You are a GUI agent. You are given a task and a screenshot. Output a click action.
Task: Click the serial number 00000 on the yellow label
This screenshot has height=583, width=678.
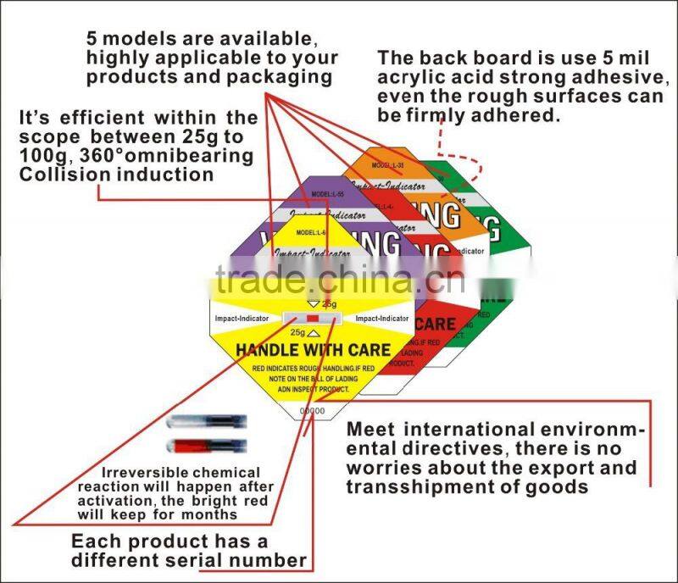(x=313, y=411)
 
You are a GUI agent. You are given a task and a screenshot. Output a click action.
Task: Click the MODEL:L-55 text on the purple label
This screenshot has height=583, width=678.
(x=327, y=194)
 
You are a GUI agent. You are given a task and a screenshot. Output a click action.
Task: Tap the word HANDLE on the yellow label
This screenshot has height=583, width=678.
(x=270, y=349)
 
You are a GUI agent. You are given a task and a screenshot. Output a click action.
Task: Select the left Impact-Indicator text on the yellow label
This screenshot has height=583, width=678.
(x=242, y=319)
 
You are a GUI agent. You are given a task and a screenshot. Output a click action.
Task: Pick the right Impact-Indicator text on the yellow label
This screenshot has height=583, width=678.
(x=382, y=319)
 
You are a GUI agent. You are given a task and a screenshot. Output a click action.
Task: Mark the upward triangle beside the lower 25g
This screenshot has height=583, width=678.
(x=314, y=334)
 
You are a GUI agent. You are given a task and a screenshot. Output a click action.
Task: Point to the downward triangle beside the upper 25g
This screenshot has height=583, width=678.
(x=314, y=303)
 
